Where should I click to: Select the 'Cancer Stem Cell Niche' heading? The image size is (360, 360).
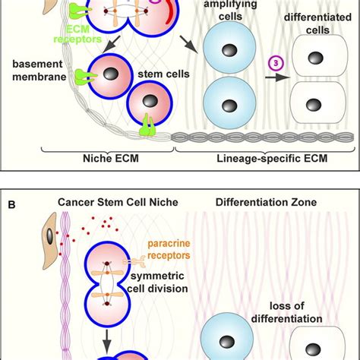point(106,204)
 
